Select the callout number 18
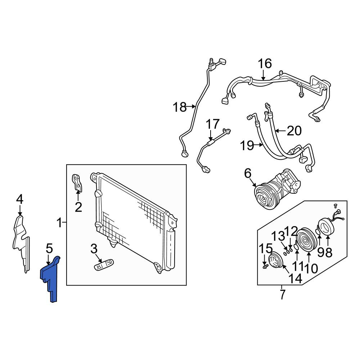click(x=180, y=107)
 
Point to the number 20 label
click(x=294, y=131)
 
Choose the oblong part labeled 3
click(x=104, y=265)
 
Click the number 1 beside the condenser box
click(x=60, y=223)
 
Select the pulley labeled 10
click(x=307, y=240)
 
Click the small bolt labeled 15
click(x=265, y=266)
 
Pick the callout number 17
click(x=213, y=124)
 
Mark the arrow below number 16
click(x=264, y=75)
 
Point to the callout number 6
click(x=248, y=174)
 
